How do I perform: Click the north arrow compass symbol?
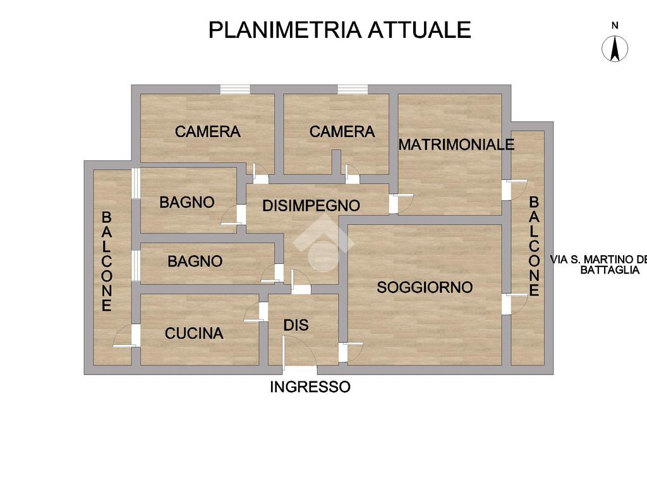tap(615, 49)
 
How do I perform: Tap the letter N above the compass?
tap(615, 25)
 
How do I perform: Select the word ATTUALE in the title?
tap(420, 30)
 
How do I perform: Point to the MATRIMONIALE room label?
tap(456, 145)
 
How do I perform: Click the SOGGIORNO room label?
tap(425, 287)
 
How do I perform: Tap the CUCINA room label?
tap(194, 333)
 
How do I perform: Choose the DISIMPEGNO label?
tap(311, 205)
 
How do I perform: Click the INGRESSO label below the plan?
tap(310, 387)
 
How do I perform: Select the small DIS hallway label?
tap(296, 325)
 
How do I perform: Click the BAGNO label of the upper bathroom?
tap(187, 202)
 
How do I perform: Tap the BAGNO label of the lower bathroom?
tap(195, 261)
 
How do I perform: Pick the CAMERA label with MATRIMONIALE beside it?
tap(342, 131)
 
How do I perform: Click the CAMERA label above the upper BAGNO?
tap(207, 131)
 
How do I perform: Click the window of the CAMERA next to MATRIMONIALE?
tap(353, 89)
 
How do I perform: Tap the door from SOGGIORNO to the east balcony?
tap(515, 304)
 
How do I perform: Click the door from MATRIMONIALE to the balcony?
tap(515, 190)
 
